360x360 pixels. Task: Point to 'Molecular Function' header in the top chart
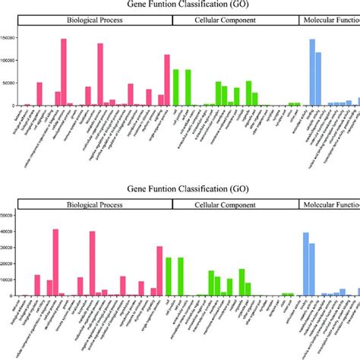(330, 21)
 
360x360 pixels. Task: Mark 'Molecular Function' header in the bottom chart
(330, 204)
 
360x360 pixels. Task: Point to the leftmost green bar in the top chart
(175, 87)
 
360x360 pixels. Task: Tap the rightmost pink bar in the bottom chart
(159, 270)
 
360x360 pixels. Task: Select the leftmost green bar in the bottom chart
(169, 276)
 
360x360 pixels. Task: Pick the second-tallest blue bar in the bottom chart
(312, 269)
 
